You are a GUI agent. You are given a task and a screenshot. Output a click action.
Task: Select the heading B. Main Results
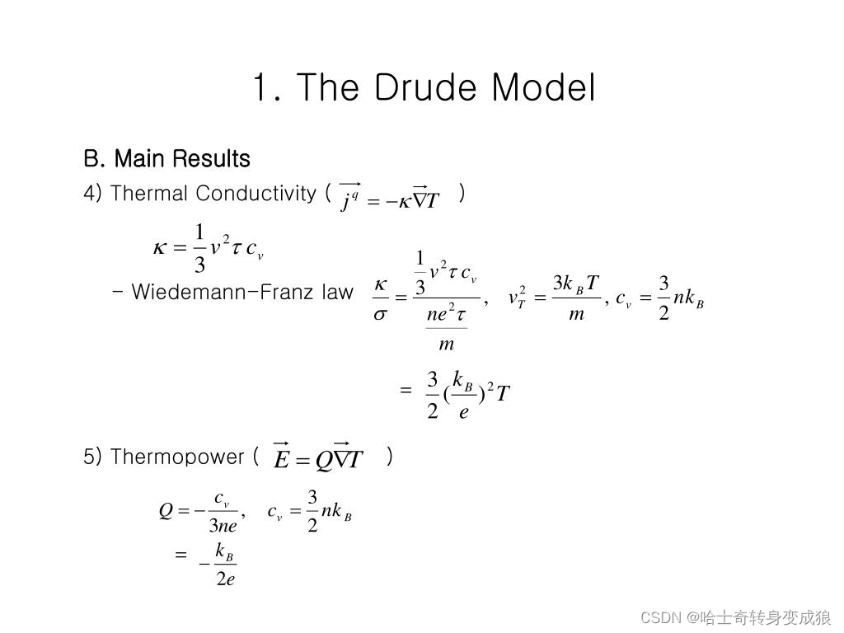[x=166, y=158]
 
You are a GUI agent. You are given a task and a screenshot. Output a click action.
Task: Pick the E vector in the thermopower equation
[x=282, y=458]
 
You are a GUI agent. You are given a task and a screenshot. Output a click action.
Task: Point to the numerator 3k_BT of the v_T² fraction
[x=575, y=284]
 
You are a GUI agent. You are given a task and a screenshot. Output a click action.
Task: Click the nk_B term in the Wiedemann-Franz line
[x=688, y=298]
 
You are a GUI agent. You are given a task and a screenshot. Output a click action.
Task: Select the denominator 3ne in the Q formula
[x=223, y=526]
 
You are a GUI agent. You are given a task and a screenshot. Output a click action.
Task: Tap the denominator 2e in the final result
[x=226, y=579]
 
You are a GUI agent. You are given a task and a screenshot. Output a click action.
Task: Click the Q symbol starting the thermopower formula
[x=166, y=511]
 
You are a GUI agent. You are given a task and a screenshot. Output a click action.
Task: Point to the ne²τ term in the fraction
[x=448, y=313]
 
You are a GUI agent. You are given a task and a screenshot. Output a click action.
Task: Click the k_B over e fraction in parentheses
[x=463, y=396]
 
